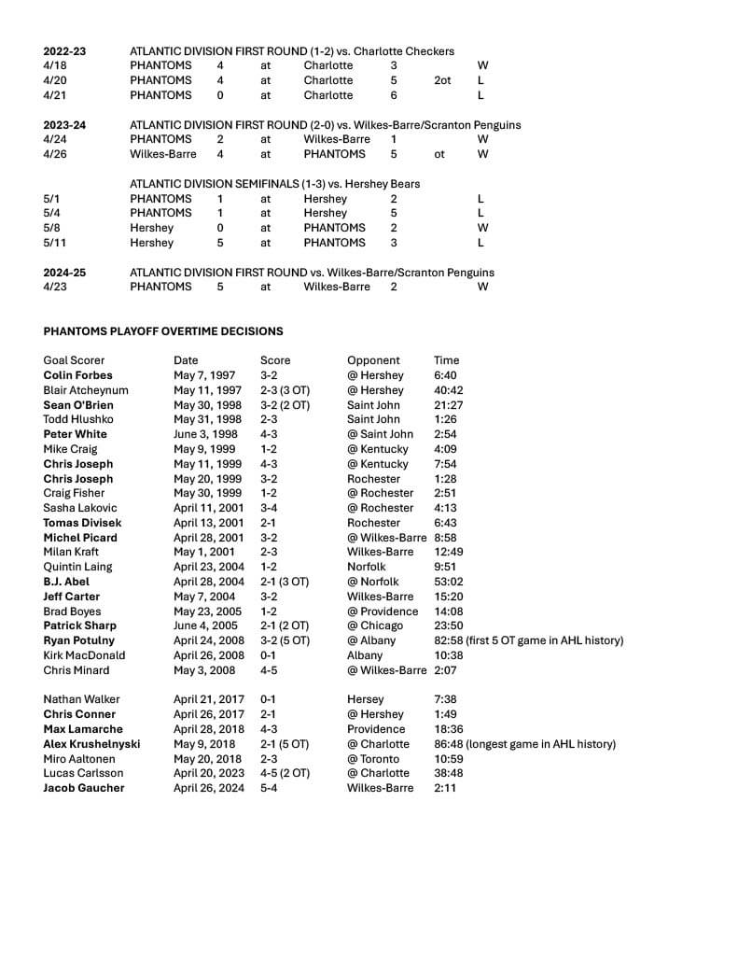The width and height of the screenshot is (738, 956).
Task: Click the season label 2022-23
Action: pyautogui.click(x=64, y=51)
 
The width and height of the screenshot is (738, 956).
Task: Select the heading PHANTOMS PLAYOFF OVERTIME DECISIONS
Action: pyautogui.click(x=163, y=331)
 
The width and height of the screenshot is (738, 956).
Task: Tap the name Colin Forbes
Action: pyautogui.click(x=77, y=375)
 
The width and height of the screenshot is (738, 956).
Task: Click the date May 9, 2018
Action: pyautogui.click(x=202, y=744)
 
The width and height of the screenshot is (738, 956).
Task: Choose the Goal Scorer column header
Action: pyautogui.click(x=74, y=360)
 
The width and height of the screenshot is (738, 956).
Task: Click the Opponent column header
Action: pyautogui.click(x=373, y=360)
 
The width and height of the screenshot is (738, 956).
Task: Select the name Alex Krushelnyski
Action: pyautogui.click(x=91, y=744)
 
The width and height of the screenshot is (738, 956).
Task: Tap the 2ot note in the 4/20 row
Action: pyautogui.click(x=442, y=80)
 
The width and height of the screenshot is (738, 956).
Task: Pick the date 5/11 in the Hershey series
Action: pyautogui.click(x=56, y=243)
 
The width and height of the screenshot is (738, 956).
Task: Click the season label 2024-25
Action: pyautogui.click(x=64, y=273)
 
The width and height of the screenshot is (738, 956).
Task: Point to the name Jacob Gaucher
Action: pyautogui.click(x=83, y=788)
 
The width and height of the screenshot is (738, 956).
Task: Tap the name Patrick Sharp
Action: pyautogui.click(x=80, y=626)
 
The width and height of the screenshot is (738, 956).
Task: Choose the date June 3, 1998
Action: pyautogui.click(x=205, y=434)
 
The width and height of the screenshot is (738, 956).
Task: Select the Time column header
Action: pyautogui.click(x=447, y=360)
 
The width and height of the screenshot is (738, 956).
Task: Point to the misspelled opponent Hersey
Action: pyautogui.click(x=365, y=699)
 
